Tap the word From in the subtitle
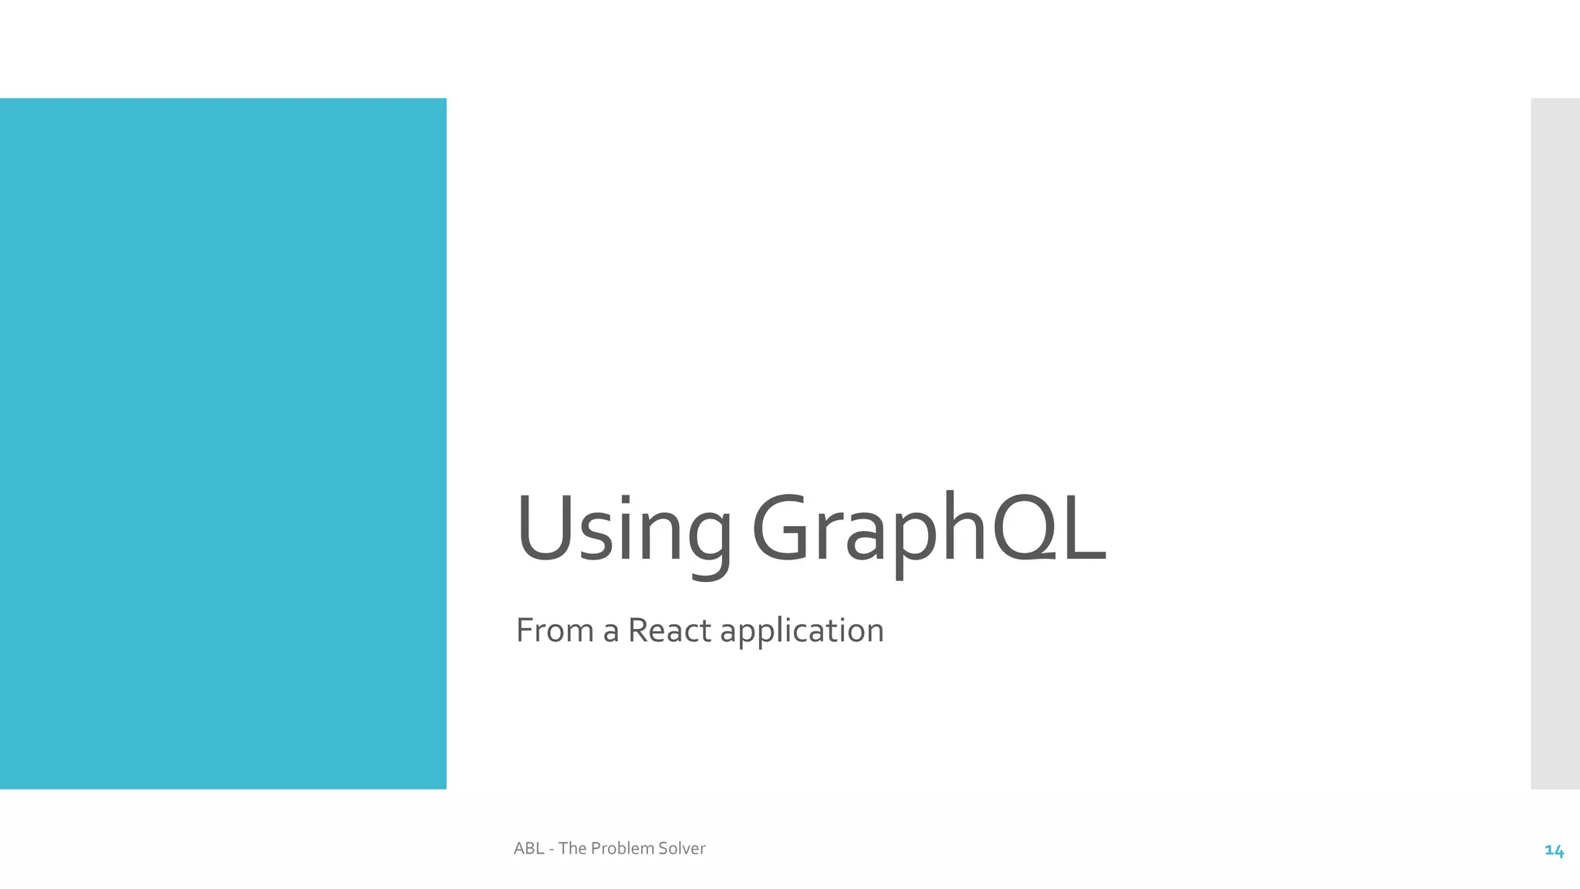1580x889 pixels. click(x=555, y=630)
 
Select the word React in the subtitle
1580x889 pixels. click(x=669, y=630)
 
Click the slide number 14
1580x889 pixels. click(x=1554, y=850)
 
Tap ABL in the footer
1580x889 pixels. click(x=528, y=848)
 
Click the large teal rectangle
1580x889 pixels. click(x=223, y=443)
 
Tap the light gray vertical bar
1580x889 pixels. click(x=1555, y=443)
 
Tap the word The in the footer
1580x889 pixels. click(x=572, y=848)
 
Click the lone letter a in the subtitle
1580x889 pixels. click(x=611, y=632)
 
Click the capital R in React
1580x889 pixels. click(x=640, y=630)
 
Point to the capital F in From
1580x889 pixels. click(x=525, y=630)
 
